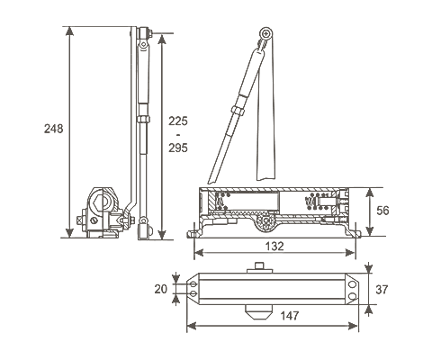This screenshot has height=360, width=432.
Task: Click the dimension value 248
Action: pos(54,129)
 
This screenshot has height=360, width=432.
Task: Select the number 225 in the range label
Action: pos(178,121)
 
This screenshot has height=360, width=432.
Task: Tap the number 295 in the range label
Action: pos(178,148)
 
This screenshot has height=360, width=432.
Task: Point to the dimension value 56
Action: pos(382,211)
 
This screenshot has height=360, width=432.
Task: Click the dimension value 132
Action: pos(274,247)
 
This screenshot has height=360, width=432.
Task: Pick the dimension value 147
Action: pos(290,316)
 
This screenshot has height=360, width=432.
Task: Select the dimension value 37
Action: pos(382,290)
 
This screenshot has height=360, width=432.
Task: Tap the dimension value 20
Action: pos(161,289)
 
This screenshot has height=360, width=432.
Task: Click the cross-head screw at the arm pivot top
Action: pos(265,33)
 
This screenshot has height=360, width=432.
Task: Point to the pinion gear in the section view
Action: pos(265,221)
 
